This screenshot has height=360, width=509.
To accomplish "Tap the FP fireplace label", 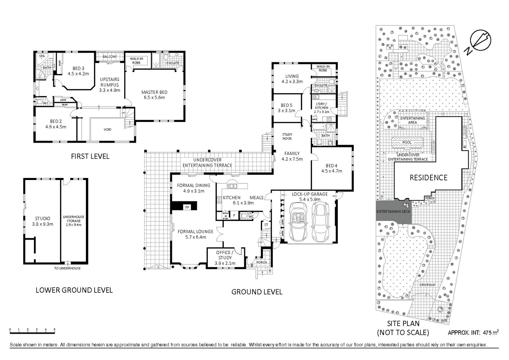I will click(x=187, y=207).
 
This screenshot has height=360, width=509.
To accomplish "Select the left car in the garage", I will click(x=298, y=222).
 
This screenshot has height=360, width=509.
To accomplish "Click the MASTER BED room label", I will click(x=154, y=95).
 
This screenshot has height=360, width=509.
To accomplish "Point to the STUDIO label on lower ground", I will click(x=43, y=221).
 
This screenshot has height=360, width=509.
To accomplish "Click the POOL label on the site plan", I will click(x=407, y=142).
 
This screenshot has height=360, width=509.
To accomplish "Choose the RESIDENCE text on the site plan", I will click(x=428, y=178).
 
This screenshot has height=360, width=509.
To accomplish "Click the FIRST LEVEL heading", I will click(x=90, y=156).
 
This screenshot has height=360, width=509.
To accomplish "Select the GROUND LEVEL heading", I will click(x=257, y=292).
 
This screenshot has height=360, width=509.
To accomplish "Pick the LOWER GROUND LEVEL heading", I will click(x=74, y=290).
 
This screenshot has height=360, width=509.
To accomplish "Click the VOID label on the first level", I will click(x=107, y=129).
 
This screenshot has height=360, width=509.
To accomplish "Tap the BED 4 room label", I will click(x=331, y=168).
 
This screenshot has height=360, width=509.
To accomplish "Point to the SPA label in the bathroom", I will click(x=42, y=56).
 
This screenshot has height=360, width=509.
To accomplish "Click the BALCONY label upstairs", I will click(x=110, y=57).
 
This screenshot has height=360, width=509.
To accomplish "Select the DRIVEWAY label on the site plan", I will click(x=427, y=285).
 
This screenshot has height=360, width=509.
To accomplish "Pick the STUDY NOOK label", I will click(x=287, y=136).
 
